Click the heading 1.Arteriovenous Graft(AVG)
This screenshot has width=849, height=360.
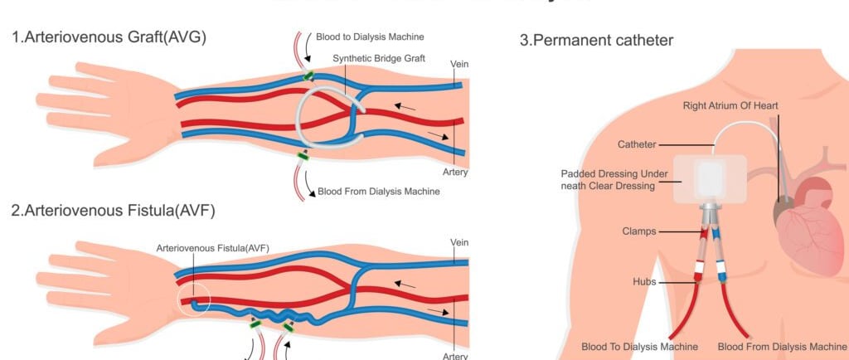pyautogui.click(x=109, y=37)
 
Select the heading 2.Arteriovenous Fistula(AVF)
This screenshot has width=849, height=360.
pyautogui.click(x=114, y=210)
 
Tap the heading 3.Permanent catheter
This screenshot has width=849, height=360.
pyautogui.click(x=596, y=40)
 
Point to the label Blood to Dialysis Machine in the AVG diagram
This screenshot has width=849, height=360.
pyautogui.click(x=370, y=36)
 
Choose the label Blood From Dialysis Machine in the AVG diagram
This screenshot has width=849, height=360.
pyautogui.click(x=378, y=192)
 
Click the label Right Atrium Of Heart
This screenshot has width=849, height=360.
pyautogui.click(x=730, y=105)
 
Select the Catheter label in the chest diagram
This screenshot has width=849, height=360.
pyautogui.click(x=636, y=144)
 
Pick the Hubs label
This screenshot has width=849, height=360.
pyautogui.click(x=643, y=282)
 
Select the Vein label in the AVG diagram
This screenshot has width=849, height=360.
pyautogui.click(x=458, y=65)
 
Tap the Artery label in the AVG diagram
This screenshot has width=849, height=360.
pyautogui.click(x=455, y=173)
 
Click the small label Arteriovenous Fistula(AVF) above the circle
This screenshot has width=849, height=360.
pyautogui.click(x=213, y=248)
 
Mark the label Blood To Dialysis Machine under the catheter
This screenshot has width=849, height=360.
pyautogui.click(x=639, y=346)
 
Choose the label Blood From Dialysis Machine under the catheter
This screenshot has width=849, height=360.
pyautogui.click(x=781, y=346)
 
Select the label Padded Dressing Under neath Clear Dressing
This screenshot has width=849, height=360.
pyautogui.click(x=608, y=179)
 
